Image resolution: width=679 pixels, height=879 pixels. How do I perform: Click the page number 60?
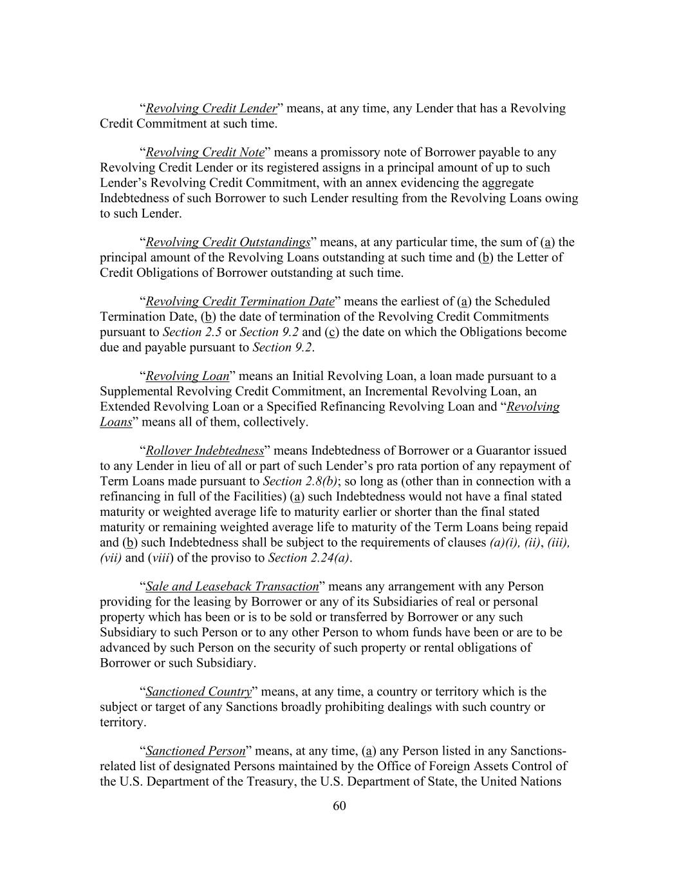(339, 806)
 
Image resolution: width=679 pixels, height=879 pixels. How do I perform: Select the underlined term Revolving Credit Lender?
(211, 108)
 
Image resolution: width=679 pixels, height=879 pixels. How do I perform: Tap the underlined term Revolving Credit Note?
(205, 153)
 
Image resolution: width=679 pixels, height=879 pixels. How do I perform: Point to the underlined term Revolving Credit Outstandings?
(228, 242)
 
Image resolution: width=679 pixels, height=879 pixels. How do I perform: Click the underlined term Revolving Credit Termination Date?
(240, 301)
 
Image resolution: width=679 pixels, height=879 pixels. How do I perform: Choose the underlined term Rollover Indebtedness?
(205, 450)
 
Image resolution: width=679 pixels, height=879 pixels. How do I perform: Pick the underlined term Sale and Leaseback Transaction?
(232, 586)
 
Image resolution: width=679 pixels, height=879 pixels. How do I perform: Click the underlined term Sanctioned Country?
(198, 692)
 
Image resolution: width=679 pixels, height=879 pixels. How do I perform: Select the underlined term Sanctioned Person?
(196, 751)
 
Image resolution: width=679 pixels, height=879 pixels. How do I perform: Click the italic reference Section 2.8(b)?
(300, 481)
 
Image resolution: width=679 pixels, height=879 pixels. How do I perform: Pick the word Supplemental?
(136, 392)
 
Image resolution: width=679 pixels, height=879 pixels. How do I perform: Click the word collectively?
(276, 422)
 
